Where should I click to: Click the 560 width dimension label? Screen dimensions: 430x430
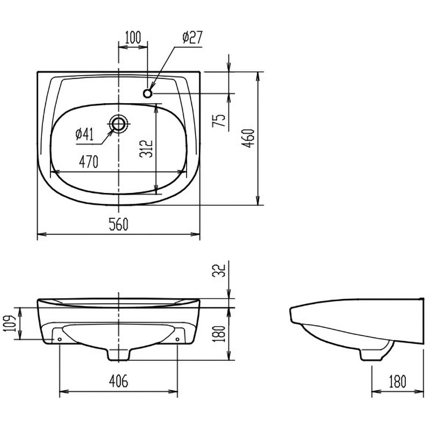point(118,224)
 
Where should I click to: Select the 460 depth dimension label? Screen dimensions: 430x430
point(249,138)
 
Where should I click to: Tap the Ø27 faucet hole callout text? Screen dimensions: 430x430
point(192,37)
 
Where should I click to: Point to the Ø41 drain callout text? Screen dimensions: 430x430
point(85,134)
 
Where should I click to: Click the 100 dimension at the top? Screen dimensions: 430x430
point(133,38)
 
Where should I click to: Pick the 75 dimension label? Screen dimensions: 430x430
point(219,120)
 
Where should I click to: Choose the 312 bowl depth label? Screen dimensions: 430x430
point(146,149)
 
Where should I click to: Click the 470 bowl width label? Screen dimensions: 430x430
point(89,162)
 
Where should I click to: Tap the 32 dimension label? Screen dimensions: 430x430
point(219,271)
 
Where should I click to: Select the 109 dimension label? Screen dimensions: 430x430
point(10,323)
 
